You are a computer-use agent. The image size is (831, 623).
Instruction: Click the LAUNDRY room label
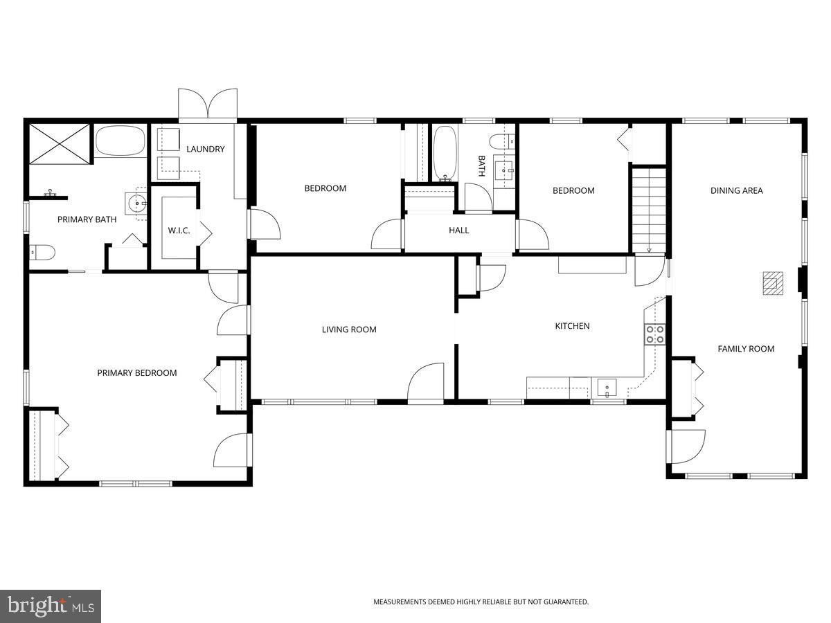[x=205, y=149]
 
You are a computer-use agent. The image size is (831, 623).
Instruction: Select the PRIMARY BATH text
[x=87, y=219]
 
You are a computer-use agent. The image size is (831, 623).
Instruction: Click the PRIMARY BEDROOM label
[x=136, y=373]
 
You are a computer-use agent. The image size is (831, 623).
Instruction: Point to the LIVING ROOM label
[x=349, y=329]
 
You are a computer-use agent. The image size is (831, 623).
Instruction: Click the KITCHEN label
[x=572, y=326]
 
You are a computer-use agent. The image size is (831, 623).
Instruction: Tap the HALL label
[x=458, y=231]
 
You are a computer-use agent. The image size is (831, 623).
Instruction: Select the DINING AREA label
[x=736, y=190]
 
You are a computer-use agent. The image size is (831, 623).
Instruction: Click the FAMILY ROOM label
[x=745, y=349]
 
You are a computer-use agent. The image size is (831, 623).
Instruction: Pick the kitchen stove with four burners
[x=654, y=334]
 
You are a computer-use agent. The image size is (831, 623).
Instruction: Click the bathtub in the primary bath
[x=120, y=141]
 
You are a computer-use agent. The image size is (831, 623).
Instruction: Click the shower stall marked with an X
[x=60, y=144]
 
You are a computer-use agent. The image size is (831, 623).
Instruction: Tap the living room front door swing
[x=425, y=384]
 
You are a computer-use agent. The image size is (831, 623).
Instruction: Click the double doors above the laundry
[x=208, y=104]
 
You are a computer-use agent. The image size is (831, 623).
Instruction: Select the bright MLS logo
[x=51, y=606]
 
